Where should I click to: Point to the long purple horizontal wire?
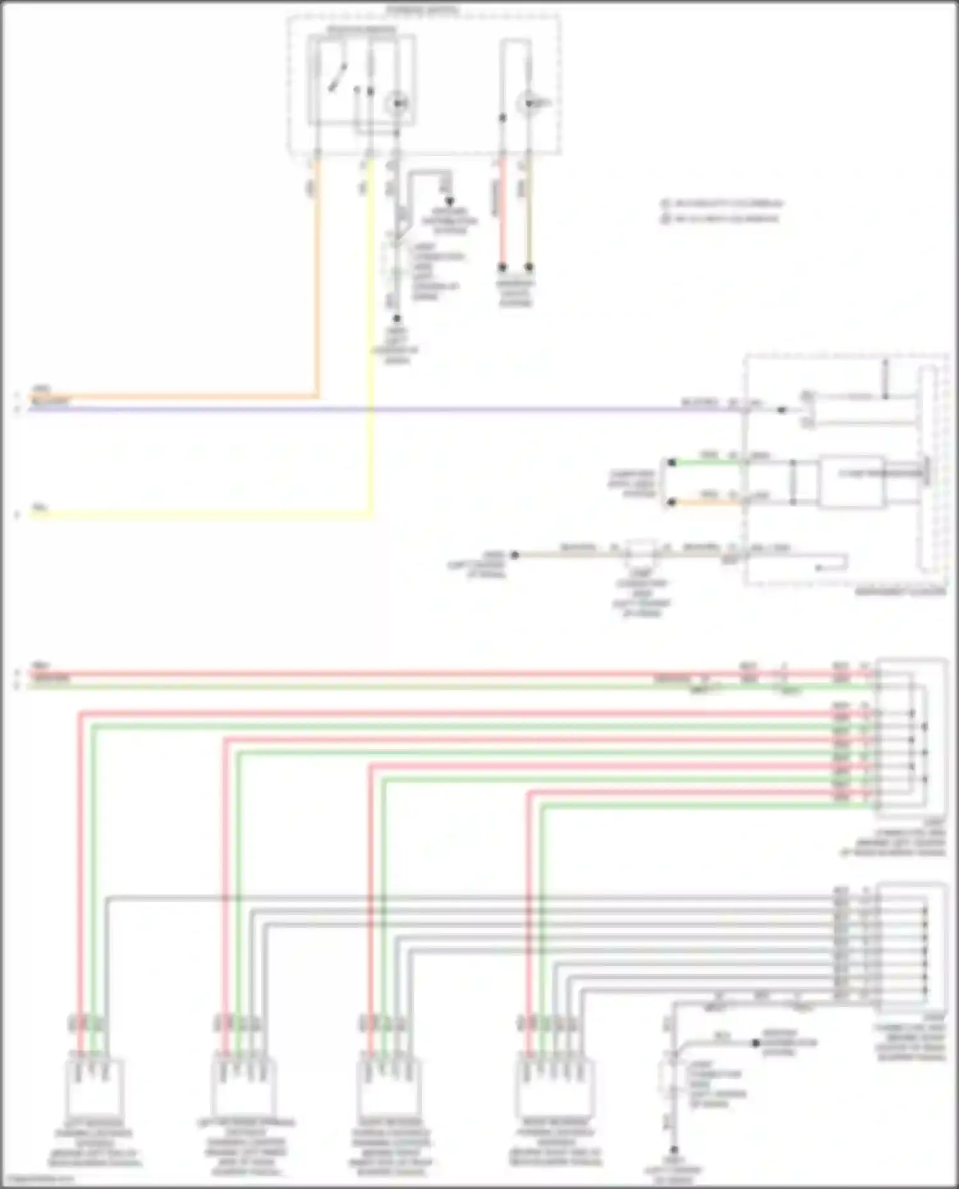click(x=384, y=409)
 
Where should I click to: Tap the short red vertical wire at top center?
click(x=503, y=211)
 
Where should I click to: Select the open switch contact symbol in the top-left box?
click(x=337, y=77)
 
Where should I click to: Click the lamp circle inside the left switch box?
click(x=398, y=102)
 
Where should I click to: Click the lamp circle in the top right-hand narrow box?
click(x=528, y=103)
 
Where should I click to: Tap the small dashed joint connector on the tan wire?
click(x=641, y=551)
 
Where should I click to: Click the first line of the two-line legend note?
click(x=722, y=204)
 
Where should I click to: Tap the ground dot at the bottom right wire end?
click(x=674, y=1150)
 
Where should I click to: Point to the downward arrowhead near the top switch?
click(x=449, y=201)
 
